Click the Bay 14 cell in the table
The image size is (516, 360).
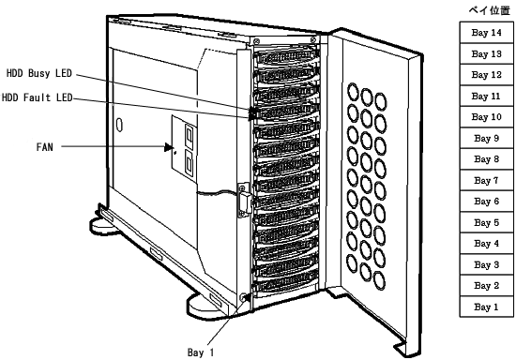(486, 33)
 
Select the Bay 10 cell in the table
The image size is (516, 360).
(486, 117)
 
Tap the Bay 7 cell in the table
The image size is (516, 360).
(486, 181)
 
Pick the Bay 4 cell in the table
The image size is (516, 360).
(486, 244)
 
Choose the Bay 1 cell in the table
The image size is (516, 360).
(486, 307)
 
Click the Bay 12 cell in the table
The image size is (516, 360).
(486, 75)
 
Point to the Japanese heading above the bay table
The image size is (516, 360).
(490, 10)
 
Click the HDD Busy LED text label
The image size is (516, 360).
(39, 73)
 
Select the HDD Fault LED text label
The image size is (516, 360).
(37, 97)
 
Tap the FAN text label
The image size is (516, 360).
(44, 147)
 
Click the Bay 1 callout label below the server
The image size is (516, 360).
(201, 352)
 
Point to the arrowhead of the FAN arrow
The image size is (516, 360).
(169, 147)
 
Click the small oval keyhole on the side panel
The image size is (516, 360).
(120, 125)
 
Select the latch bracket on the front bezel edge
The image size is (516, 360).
(244, 200)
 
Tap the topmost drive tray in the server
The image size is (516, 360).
(286, 57)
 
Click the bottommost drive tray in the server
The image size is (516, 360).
(285, 286)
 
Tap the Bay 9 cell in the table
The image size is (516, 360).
(486, 139)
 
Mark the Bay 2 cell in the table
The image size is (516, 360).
(486, 286)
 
